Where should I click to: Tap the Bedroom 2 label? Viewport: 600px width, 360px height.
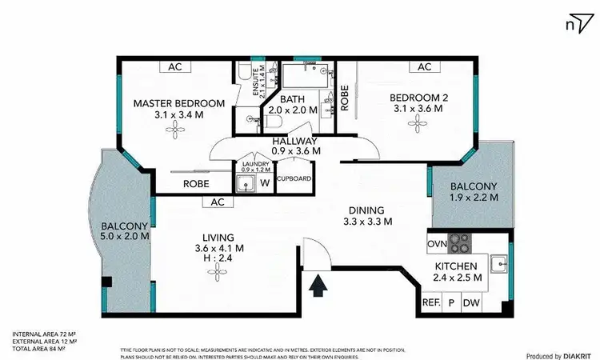tap(415, 98)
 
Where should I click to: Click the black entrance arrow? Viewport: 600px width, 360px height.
tap(318, 285)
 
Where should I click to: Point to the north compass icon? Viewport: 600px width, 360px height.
tap(575, 24)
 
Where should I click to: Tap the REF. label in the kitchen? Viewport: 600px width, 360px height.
tap(430, 304)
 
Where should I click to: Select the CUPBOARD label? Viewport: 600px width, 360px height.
tap(294, 178)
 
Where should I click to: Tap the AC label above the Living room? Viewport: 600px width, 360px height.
tap(216, 202)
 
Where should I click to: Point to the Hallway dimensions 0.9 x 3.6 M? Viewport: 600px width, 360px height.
tap(295, 150)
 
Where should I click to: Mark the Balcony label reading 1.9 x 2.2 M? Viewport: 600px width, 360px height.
tap(473, 197)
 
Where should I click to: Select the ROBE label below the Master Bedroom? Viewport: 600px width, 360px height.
tap(196, 183)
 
